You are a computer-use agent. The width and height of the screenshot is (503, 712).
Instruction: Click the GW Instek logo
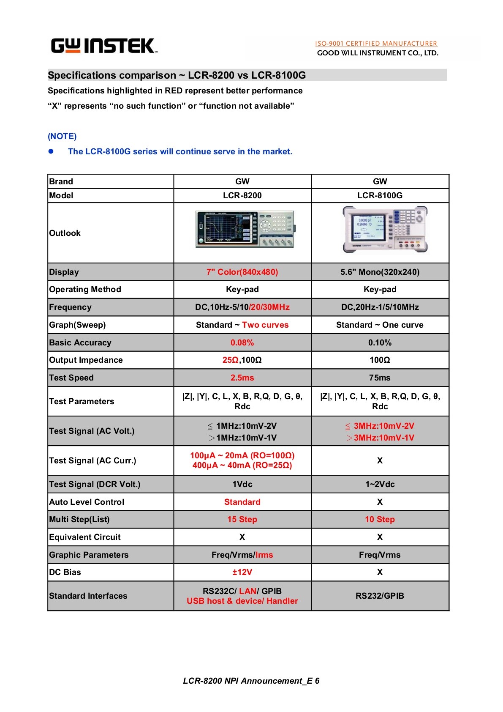[104, 46]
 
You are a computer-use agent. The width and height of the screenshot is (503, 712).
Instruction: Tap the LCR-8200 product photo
[245, 229]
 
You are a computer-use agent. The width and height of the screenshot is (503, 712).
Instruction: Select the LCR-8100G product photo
[385, 230]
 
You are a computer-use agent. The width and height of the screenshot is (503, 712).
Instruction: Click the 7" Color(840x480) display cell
[242, 272]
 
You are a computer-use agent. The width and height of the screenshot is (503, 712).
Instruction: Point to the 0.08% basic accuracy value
[242, 342]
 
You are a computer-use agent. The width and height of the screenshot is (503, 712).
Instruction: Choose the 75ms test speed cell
[380, 378]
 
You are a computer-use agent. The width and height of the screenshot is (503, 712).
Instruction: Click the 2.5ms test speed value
[242, 378]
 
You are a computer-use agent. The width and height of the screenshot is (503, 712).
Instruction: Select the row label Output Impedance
[86, 360]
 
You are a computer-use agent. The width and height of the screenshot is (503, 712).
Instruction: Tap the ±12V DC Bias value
[242, 572]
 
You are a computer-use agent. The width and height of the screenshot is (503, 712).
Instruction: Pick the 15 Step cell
[242, 519]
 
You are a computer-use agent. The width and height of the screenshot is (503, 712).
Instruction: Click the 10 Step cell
[380, 519]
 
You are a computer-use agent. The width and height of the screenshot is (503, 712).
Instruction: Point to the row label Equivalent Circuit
[85, 537]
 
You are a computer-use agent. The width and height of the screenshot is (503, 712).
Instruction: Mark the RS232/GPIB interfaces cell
[380, 596]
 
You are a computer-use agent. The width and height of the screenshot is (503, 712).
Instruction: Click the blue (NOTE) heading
[62, 136]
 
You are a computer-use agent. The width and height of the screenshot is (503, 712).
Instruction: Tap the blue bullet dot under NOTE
[51, 151]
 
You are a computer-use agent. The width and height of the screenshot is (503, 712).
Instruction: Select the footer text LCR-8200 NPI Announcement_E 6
[251, 681]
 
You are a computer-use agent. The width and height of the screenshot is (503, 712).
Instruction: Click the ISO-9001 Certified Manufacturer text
[376, 44]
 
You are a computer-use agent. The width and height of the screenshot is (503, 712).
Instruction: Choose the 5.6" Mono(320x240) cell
[380, 272]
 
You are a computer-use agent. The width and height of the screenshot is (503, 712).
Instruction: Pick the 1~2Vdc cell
[380, 484]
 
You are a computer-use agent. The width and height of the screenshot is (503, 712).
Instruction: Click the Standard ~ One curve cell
[380, 325]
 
